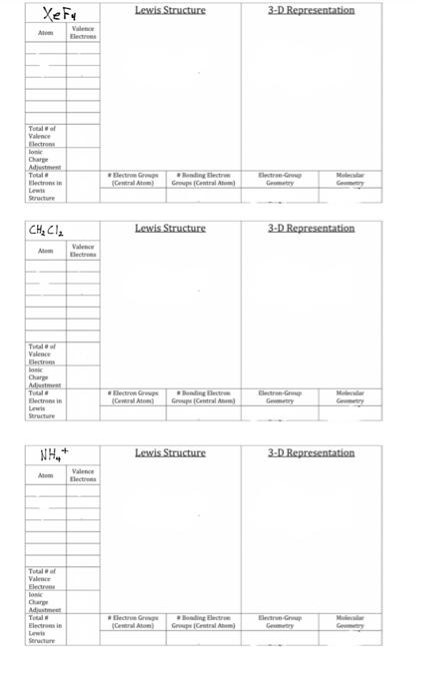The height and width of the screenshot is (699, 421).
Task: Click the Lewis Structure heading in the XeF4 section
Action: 170,10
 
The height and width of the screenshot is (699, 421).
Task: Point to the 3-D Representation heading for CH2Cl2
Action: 311,228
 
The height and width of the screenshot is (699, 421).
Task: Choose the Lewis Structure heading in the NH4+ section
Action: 170,452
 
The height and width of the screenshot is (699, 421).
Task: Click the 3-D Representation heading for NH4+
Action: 311,452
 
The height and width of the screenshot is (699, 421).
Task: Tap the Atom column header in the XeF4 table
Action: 45,33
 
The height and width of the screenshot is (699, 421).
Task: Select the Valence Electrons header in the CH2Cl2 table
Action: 83,252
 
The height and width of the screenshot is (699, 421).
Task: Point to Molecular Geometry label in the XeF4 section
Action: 350,179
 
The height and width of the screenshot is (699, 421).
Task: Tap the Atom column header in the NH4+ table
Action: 45,475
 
